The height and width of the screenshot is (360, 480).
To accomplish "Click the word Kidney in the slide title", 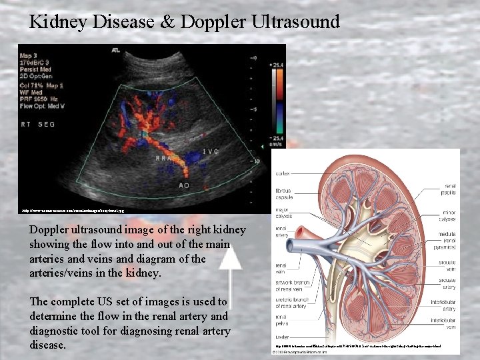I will pos(62,21).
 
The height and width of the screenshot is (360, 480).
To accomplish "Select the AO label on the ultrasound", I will pos(183,185).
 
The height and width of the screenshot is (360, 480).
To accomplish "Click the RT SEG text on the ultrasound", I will pos(38,124).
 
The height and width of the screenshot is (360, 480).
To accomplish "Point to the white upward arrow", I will pos(230,284).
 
